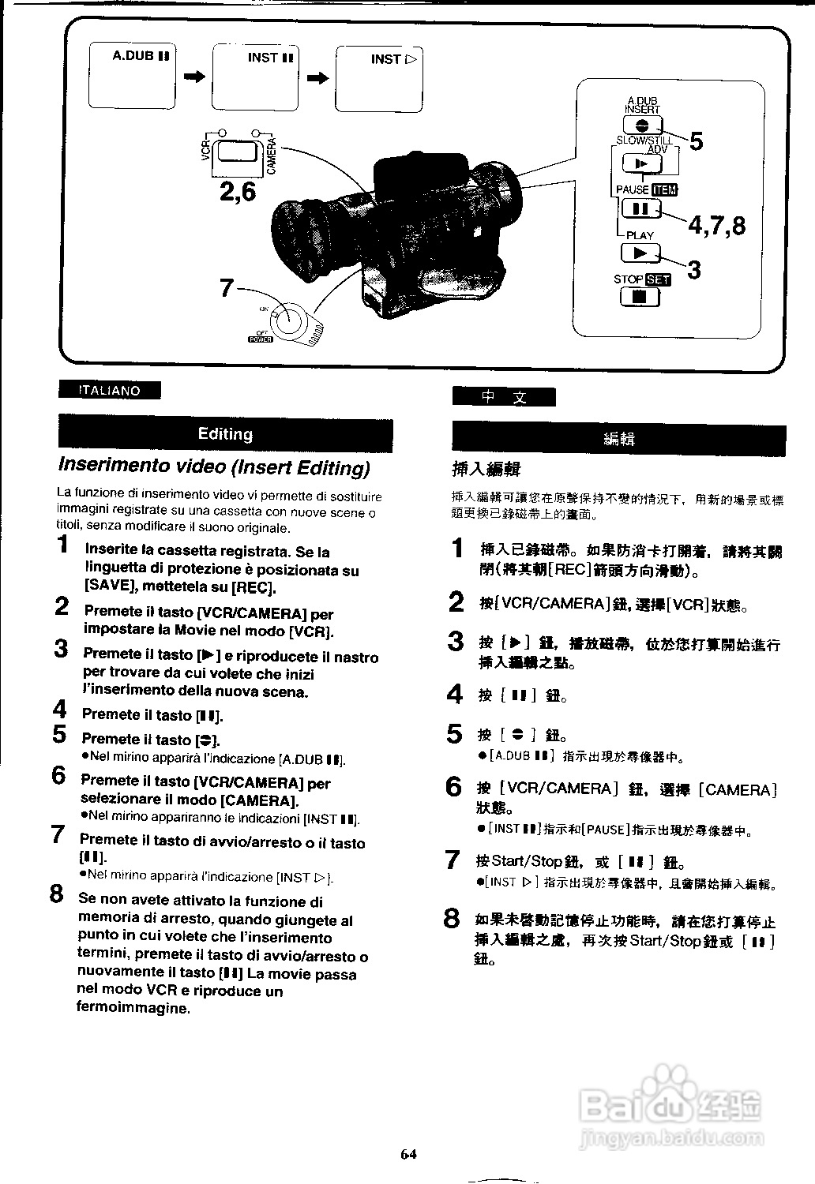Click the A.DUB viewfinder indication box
point(132,77)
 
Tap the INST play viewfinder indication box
point(379,79)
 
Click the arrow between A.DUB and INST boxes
point(194,77)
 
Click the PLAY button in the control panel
point(640,253)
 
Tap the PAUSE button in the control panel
point(640,209)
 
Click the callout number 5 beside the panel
point(696,142)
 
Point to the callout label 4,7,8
point(716,226)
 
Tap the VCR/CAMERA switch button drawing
point(238,152)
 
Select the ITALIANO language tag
point(109,391)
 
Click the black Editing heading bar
point(225,434)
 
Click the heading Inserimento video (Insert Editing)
point(214,467)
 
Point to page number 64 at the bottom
point(407,1154)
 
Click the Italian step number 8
point(57,894)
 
